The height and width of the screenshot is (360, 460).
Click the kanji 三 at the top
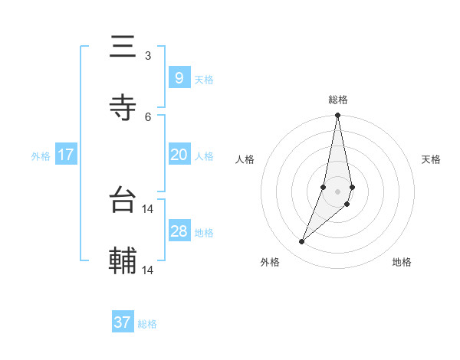click(x=123, y=47)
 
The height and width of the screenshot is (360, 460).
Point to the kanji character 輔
click(x=123, y=260)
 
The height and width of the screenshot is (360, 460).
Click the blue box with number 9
click(x=179, y=77)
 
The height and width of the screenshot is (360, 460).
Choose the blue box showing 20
click(x=179, y=155)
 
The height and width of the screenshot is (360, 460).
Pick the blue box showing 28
click(x=179, y=231)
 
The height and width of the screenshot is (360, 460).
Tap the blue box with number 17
click(x=65, y=155)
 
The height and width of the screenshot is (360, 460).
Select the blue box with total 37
click(x=122, y=322)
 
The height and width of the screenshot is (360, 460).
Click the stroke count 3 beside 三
click(x=148, y=56)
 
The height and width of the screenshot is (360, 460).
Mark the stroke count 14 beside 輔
click(x=149, y=270)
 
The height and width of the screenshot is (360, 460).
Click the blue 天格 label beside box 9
click(x=204, y=79)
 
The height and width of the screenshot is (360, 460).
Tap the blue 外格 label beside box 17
click(x=41, y=156)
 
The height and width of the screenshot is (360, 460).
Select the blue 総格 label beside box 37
click(x=147, y=324)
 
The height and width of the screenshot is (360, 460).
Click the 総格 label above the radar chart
click(x=338, y=100)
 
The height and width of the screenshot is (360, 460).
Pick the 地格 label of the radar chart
click(x=402, y=262)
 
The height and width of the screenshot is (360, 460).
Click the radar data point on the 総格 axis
click(x=338, y=116)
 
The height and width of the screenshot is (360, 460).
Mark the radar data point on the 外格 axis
click(x=301, y=242)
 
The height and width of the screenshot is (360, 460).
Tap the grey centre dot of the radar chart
click(x=338, y=191)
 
